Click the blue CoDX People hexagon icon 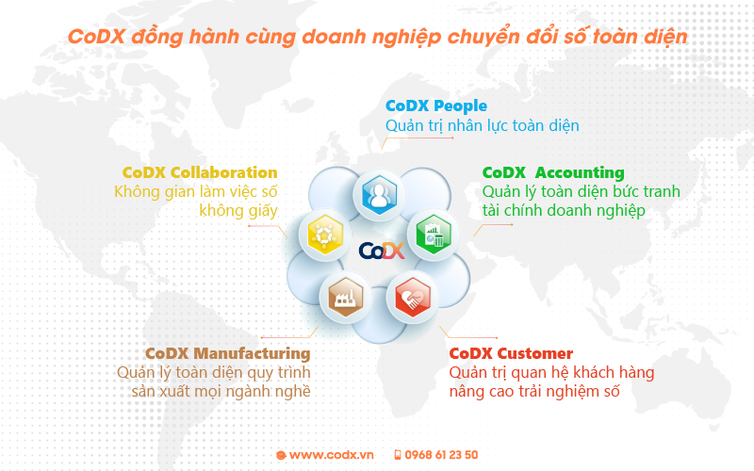[x=380, y=195]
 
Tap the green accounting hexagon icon [x=434, y=234]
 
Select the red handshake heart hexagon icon [x=412, y=297]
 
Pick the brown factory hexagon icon [x=345, y=297]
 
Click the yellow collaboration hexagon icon [x=325, y=235]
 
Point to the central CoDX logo [x=382, y=251]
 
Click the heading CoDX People [x=436, y=106]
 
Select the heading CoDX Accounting [x=553, y=172]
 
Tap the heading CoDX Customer [x=511, y=353]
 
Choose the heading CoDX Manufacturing [x=228, y=354]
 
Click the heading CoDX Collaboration [x=200, y=172]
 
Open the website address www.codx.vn [x=332, y=455]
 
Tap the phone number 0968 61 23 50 [x=441, y=455]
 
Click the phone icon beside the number [x=398, y=455]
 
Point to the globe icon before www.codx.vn [x=281, y=455]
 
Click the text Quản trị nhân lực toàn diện [x=483, y=126]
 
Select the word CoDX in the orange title [x=96, y=37]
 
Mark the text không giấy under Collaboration [x=238, y=211]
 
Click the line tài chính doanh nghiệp [x=564, y=210]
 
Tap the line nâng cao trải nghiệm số [x=534, y=391]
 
